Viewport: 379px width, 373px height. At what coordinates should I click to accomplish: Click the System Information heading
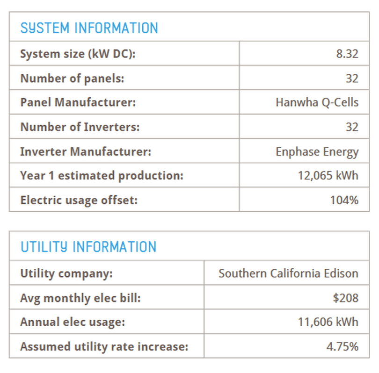click(89, 28)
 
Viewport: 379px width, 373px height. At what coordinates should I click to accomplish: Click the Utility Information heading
click(88, 247)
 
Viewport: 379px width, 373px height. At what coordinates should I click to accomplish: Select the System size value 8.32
click(347, 54)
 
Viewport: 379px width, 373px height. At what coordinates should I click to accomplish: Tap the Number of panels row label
click(72, 78)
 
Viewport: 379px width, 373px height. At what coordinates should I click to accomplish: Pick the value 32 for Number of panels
click(352, 78)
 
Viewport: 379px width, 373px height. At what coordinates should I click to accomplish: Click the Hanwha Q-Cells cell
click(317, 102)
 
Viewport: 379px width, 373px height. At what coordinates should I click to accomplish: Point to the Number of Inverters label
click(80, 127)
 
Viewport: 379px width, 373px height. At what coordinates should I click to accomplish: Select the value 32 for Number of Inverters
click(352, 127)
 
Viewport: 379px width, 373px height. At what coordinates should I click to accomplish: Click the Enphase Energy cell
click(317, 152)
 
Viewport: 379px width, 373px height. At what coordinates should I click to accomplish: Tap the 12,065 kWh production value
click(328, 176)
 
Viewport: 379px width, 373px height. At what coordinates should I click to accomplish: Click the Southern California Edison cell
click(288, 273)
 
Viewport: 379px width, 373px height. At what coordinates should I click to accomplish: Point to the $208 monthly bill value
click(345, 298)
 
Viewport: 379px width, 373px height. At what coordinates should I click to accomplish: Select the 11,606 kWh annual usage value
click(328, 322)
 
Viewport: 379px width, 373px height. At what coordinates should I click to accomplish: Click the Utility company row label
click(66, 273)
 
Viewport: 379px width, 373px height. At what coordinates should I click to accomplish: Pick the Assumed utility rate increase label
click(104, 346)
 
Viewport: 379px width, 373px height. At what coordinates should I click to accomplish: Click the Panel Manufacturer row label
click(78, 102)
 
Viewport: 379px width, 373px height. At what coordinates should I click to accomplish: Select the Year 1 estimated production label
click(102, 176)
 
